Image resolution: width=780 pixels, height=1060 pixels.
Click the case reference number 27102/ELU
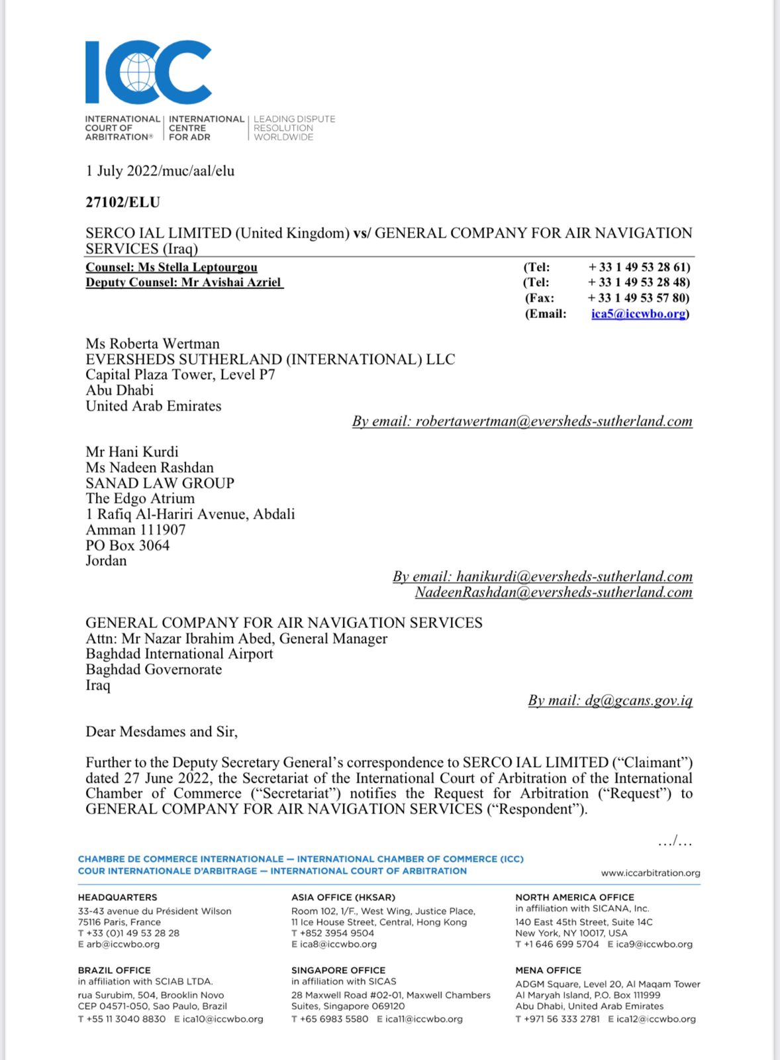(x=122, y=202)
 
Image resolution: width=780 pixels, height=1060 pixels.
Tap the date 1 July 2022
(x=122, y=171)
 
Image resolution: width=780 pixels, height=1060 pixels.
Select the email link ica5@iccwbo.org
(x=638, y=313)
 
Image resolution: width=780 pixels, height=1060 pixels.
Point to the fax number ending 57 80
(x=638, y=298)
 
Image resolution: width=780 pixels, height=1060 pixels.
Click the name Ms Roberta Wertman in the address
(x=152, y=344)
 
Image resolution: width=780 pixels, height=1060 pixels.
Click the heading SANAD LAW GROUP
(x=160, y=483)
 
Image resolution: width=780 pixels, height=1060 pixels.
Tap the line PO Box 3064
(x=127, y=545)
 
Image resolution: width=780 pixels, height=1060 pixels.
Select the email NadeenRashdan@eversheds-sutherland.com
(x=554, y=592)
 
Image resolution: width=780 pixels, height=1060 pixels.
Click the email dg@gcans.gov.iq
(x=638, y=700)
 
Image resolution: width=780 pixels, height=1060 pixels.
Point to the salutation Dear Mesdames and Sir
(x=162, y=731)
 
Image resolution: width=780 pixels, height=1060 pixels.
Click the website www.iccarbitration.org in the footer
(x=650, y=873)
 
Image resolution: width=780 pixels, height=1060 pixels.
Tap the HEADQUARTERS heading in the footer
(x=117, y=897)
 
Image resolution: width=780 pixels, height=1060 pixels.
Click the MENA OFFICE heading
(x=548, y=970)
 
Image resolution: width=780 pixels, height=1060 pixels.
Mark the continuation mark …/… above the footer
(x=675, y=842)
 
